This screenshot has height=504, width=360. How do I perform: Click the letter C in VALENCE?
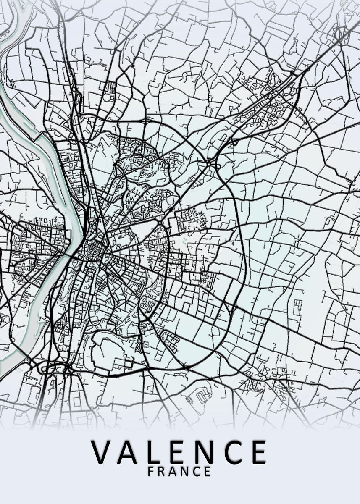(233, 452)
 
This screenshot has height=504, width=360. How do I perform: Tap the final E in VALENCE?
(259, 452)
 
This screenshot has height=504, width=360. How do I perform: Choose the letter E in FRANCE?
(208, 472)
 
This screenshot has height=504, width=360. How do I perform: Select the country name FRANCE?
(179, 472)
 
